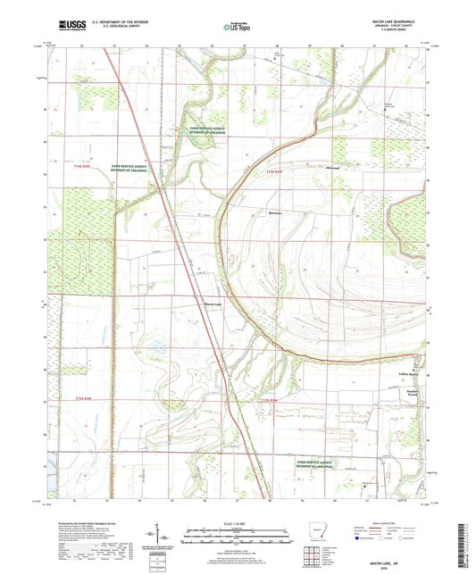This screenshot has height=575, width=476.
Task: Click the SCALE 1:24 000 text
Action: coord(237,522)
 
